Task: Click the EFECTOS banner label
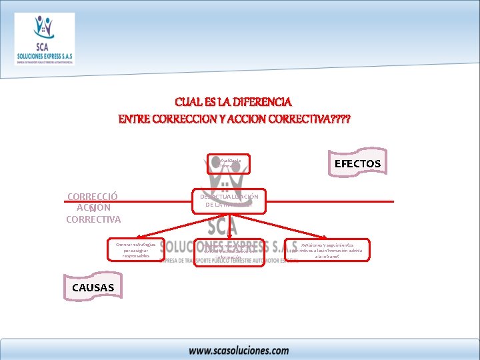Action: [x=357, y=163]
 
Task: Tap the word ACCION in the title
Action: [x=255, y=119]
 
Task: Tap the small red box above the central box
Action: [x=228, y=163]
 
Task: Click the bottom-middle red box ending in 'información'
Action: [x=229, y=252]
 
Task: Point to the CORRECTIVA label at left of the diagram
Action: [x=93, y=219]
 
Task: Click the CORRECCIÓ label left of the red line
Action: [x=93, y=197]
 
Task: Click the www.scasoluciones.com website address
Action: [x=239, y=350]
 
